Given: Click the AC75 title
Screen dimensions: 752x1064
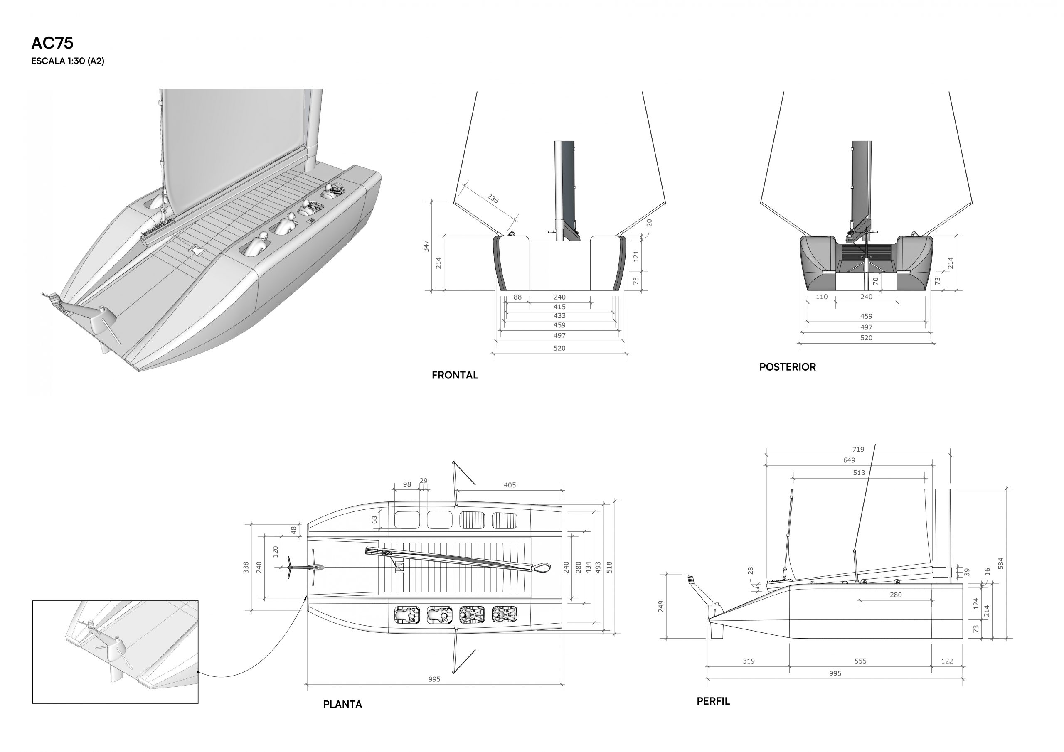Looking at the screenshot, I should tap(52, 43).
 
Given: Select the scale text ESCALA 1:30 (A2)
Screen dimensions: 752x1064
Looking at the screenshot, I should tap(68, 61).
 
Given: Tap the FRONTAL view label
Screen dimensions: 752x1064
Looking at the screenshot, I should tap(455, 375).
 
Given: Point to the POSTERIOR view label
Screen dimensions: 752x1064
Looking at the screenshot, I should tap(787, 367).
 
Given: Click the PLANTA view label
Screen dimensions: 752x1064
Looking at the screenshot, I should tap(342, 704).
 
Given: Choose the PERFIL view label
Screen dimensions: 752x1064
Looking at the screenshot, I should tap(713, 701).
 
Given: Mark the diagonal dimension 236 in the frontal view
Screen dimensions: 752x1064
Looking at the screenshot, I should tap(493, 199).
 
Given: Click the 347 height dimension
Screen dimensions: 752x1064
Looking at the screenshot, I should tap(426, 246).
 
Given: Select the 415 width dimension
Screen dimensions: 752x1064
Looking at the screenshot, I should tap(559, 307).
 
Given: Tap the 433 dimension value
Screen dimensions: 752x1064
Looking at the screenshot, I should tap(559, 315).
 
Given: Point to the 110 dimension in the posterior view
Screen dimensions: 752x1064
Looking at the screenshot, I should tap(822, 297).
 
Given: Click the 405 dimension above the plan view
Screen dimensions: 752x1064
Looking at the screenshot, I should tap(510, 485).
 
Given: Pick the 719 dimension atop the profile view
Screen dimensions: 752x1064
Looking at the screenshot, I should tap(858, 450).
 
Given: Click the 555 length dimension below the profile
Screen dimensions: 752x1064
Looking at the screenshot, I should tap(861, 661).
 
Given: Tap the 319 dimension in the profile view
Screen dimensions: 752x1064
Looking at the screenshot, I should tap(749, 661).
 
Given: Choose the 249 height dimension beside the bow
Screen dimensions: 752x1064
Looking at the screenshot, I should tap(661, 607).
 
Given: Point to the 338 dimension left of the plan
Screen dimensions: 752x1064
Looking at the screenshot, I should tap(246, 567).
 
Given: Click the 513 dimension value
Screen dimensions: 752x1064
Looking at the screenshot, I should tap(859, 473).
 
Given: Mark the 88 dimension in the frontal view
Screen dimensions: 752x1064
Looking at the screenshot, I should tap(517, 297).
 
